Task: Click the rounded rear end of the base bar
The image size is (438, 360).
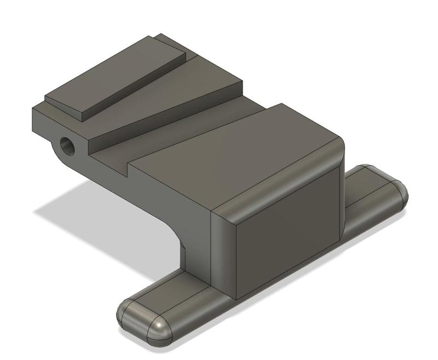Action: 397,191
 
